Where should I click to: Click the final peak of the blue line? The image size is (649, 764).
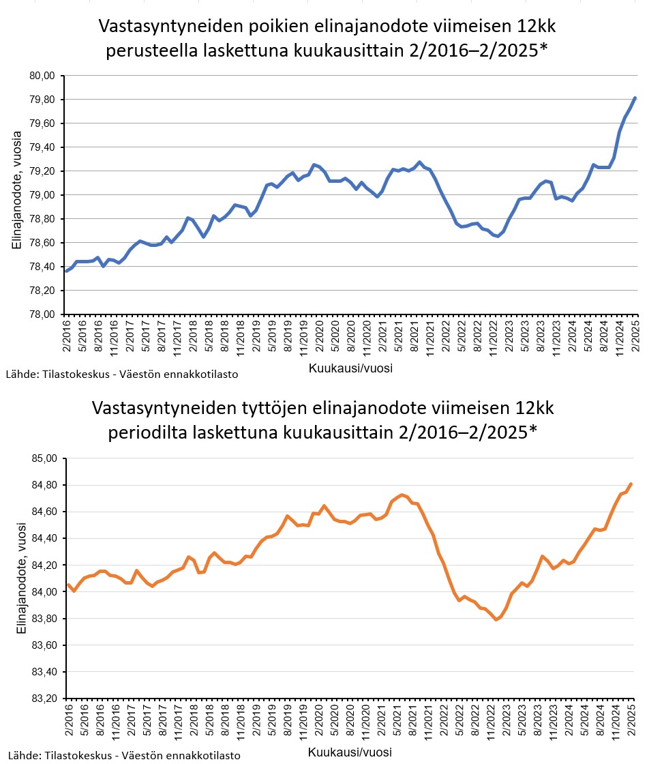635,98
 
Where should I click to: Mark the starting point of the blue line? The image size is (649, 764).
67,271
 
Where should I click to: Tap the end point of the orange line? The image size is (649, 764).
631,484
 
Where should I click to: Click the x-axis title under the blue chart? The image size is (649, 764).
350,368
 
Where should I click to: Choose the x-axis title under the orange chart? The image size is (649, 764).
350,752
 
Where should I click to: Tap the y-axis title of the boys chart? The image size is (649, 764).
18,194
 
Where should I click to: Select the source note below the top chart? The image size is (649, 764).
122,374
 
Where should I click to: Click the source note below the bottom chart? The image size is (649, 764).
123,755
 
